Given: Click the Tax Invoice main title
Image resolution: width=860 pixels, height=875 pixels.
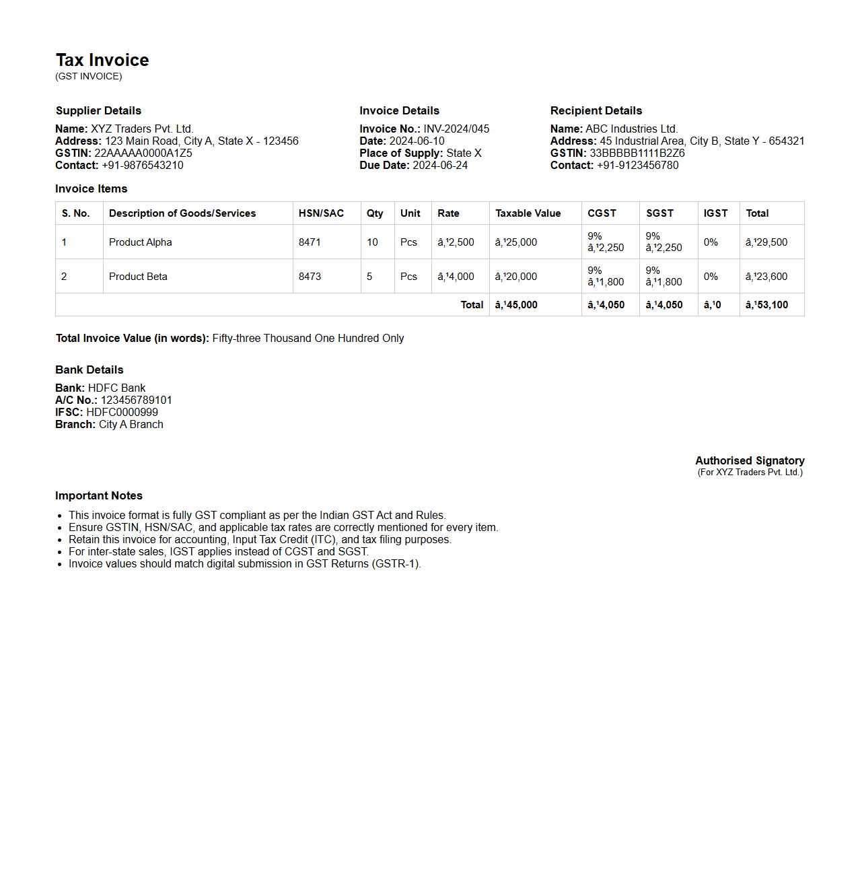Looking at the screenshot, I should point(102,60).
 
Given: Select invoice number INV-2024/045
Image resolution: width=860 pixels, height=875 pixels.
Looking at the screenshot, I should point(456,129).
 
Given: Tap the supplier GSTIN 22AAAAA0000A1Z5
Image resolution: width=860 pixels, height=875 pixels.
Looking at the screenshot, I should point(143,153).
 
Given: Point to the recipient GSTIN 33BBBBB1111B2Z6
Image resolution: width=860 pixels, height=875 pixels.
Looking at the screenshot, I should point(637,153).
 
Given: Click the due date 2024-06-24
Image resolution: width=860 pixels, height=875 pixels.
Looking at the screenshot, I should point(440,165).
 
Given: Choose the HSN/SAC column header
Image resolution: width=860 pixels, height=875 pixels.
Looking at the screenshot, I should point(321,213).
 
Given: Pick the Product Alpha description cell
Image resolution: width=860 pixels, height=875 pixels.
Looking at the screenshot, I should point(141,242).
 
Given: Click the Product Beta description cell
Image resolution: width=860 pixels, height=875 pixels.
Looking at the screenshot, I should point(138,277).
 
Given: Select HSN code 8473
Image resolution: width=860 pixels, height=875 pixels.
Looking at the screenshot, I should point(310,277).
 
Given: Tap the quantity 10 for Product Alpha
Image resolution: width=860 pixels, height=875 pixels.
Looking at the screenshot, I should point(372,242).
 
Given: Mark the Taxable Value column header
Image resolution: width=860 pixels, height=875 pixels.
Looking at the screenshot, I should point(528,213).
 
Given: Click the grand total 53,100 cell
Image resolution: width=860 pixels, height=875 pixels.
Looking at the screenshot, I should point(766,305).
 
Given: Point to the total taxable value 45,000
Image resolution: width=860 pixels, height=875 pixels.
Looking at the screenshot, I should point(516,305).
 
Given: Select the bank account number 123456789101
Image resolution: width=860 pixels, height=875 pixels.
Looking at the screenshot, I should point(136,400).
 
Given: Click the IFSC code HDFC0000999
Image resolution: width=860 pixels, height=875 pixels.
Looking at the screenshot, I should point(122,412).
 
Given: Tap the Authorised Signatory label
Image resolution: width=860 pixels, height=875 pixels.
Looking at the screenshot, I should point(750,460).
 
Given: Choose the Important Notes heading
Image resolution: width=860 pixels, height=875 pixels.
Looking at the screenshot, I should point(99,495).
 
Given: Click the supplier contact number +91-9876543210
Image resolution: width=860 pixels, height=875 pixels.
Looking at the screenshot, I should point(142,165).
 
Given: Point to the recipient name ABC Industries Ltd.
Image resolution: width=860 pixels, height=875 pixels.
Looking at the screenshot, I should point(631,129).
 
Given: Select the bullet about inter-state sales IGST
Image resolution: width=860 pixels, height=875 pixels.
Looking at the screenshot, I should point(219,551).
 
